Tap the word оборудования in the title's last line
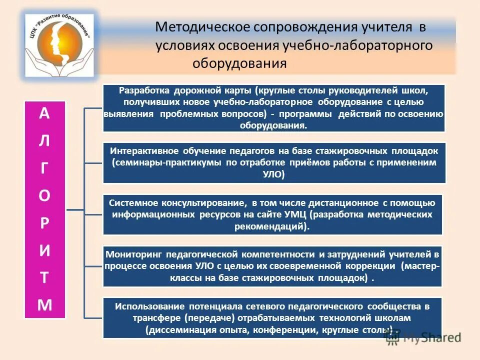coord(239,63)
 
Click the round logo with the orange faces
coord(60,45)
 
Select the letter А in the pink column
coord(44,113)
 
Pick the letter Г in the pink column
coord(44,168)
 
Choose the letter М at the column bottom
coord(44,305)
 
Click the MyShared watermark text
coord(431,337)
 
